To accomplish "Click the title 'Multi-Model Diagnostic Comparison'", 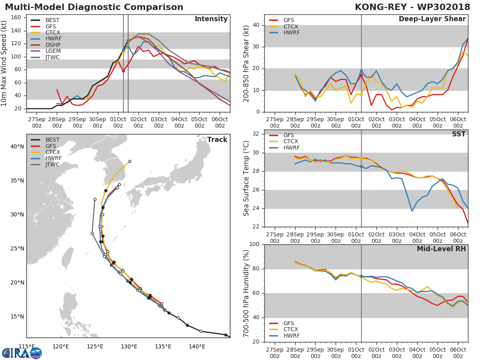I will click(x=94, y=7).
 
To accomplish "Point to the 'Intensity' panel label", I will click(x=211, y=19).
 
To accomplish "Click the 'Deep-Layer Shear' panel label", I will click(x=432, y=19).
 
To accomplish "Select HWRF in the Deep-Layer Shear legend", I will click(x=291, y=32).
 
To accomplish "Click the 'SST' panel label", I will click(x=459, y=134).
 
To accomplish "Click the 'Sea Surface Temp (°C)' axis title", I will click(x=247, y=178).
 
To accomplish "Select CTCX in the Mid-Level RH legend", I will click(x=291, y=330).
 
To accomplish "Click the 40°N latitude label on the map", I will click(x=17, y=146).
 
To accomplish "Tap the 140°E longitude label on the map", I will click(x=197, y=347).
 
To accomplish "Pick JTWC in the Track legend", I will click(x=53, y=165).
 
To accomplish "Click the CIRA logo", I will click(x=22, y=353).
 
